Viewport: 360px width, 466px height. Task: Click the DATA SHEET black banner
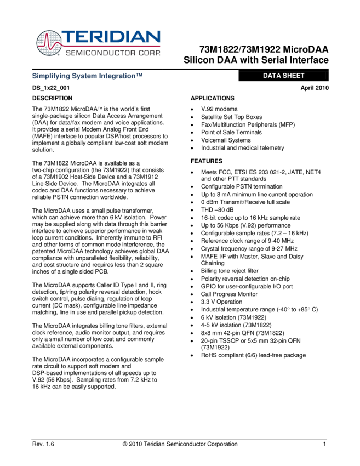click(x=283, y=76)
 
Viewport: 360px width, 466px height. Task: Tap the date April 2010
click(x=315, y=88)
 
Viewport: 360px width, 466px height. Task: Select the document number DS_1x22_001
click(x=50, y=88)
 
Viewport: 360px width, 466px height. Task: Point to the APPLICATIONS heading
click(x=212, y=98)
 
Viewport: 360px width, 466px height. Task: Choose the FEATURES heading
click(x=206, y=161)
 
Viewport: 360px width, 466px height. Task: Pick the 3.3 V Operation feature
click(x=221, y=302)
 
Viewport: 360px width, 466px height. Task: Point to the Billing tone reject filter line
click(x=230, y=271)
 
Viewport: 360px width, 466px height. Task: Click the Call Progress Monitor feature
click(x=228, y=294)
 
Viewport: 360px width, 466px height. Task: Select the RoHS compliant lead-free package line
click(x=253, y=355)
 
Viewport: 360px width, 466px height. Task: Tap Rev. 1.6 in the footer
click(x=43, y=444)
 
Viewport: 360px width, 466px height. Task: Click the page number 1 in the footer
click(x=325, y=444)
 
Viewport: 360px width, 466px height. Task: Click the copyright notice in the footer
click(x=180, y=444)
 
